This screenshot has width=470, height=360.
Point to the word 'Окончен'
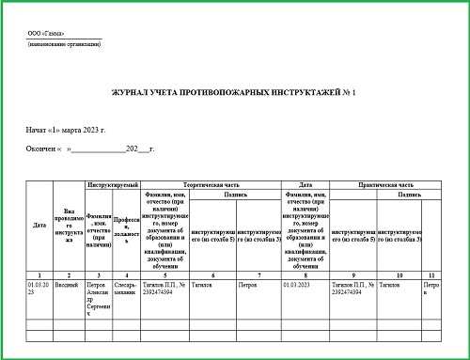pos(40,149)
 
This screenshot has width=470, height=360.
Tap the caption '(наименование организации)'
pos(59,44)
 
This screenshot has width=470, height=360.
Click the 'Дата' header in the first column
pos(39,226)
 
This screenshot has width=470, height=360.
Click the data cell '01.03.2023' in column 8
pos(300,283)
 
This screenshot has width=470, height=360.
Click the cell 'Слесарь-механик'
pos(127,286)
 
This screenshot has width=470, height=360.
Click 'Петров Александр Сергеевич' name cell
pos(97,293)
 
